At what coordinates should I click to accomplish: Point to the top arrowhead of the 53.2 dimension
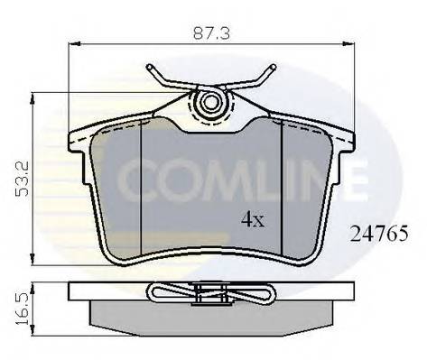[x=32, y=97]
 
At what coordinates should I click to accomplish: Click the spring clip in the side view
[x=211, y=292]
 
